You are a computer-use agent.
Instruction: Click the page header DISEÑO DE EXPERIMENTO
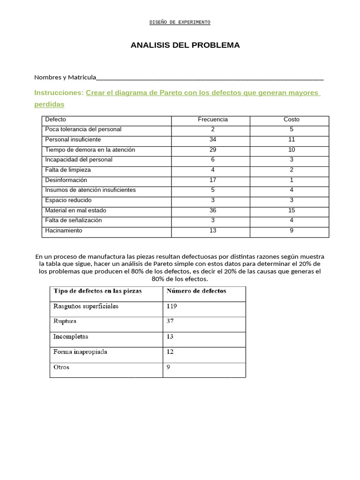click(180, 22)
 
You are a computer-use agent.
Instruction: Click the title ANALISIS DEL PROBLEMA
click(185, 45)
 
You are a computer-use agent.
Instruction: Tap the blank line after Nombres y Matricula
click(210, 78)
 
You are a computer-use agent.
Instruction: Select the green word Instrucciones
click(59, 93)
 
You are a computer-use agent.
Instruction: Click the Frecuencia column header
click(212, 120)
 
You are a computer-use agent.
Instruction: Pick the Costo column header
click(291, 120)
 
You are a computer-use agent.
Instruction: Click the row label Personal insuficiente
click(73, 140)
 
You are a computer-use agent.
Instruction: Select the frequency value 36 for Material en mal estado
click(212, 210)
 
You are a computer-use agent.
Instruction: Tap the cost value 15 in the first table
click(291, 210)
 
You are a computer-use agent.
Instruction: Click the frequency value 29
click(212, 150)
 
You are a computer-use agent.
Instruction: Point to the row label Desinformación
click(66, 180)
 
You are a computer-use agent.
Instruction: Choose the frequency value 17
click(212, 180)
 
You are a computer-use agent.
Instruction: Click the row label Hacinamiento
click(63, 231)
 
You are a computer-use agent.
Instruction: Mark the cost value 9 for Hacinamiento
click(291, 231)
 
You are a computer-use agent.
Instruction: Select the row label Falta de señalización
click(73, 220)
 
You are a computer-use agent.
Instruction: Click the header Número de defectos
click(196, 291)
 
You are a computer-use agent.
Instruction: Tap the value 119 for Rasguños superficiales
click(172, 307)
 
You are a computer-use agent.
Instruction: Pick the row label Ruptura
click(65, 322)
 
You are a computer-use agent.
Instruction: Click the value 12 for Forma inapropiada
click(170, 352)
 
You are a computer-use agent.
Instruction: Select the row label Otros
click(61, 367)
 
